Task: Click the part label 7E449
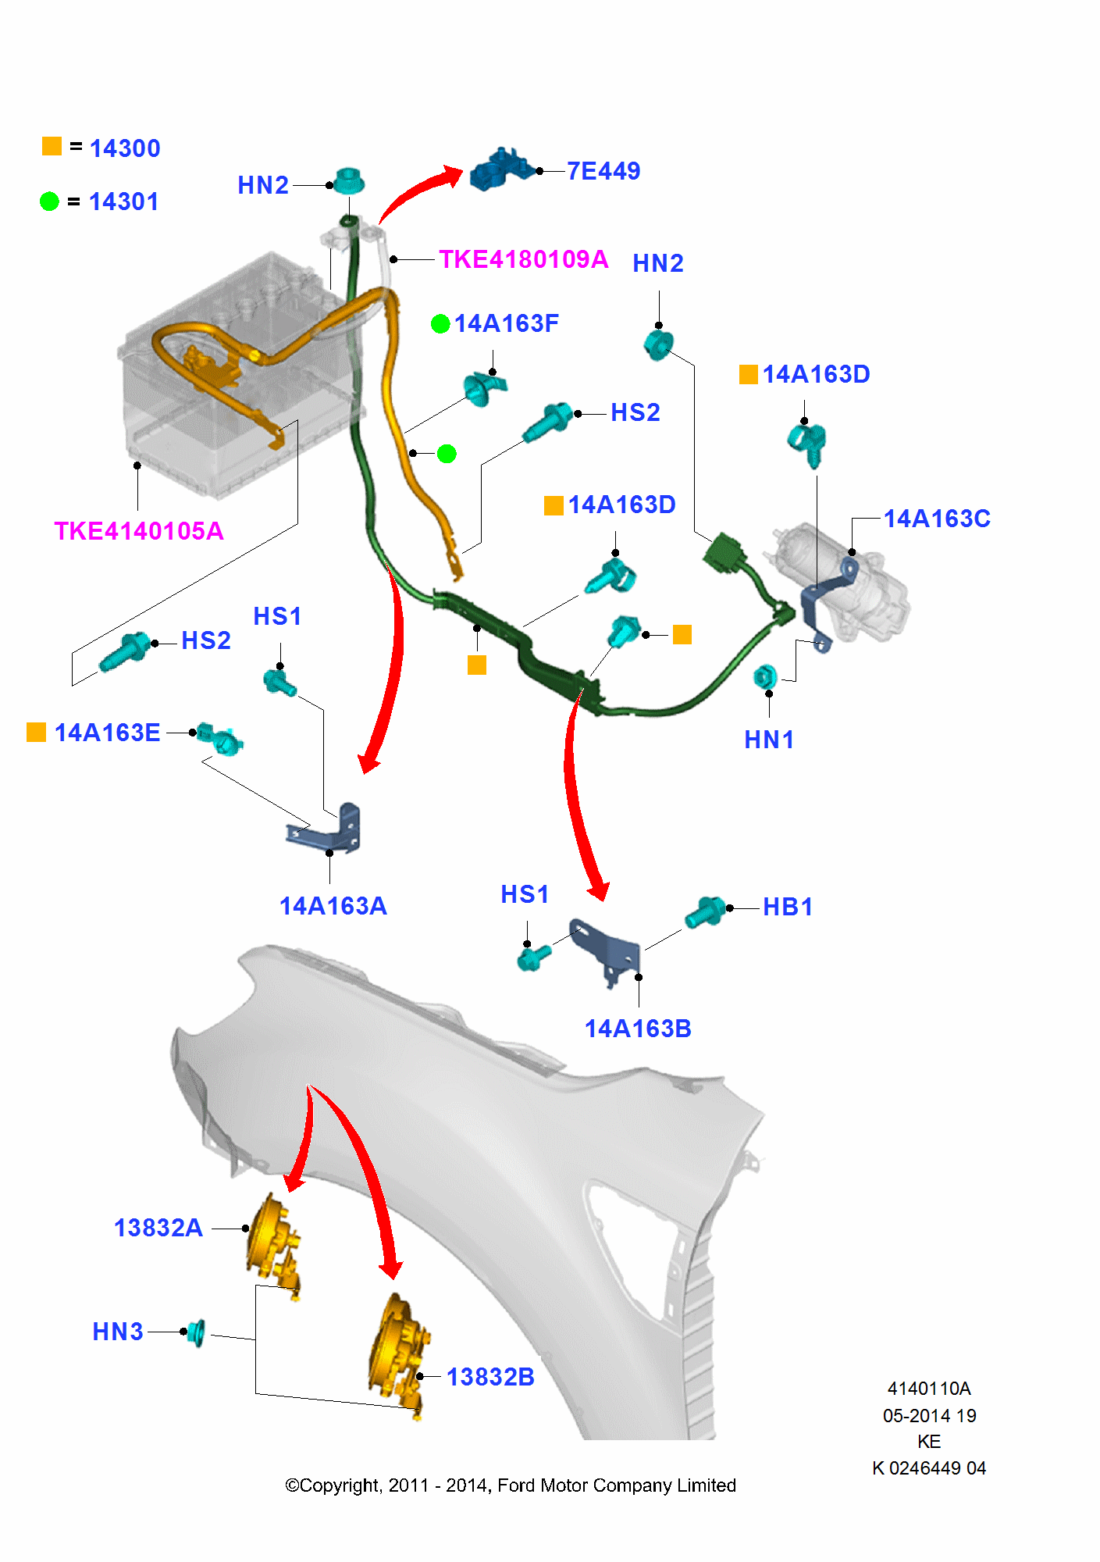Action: [603, 171]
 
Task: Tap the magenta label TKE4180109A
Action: [523, 259]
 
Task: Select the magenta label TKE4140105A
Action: [139, 531]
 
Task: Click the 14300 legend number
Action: [125, 148]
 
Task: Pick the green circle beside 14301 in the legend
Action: [49, 201]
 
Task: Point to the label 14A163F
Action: [506, 323]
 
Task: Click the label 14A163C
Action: [936, 519]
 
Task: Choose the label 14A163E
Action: [107, 733]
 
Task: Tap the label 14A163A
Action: [333, 906]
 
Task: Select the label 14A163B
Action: [638, 1029]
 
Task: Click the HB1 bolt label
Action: [788, 907]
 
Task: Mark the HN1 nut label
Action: [769, 740]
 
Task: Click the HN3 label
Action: [118, 1332]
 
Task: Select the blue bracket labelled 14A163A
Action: [328, 830]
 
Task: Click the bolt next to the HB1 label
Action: [706, 911]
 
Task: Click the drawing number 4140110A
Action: [929, 1389]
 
